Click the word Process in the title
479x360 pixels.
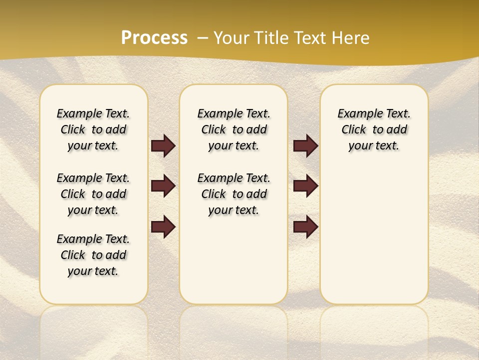coord(154,37)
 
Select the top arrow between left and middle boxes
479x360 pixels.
coord(163,145)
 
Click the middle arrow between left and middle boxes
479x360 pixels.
coord(163,186)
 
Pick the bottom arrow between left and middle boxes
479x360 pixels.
coord(163,226)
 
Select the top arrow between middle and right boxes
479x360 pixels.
coord(305,145)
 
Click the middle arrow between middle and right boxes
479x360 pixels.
coord(305,186)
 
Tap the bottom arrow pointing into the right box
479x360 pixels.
coord(305,226)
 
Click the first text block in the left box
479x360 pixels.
coord(93,129)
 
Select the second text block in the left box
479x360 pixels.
coord(93,194)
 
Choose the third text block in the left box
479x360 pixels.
coord(93,255)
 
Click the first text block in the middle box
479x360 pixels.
coord(234,129)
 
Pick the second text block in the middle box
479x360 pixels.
coord(234,194)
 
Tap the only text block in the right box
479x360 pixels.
coord(374,129)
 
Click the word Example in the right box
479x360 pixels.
coord(356,114)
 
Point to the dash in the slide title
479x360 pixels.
coord(203,38)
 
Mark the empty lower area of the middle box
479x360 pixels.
coord(234,260)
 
